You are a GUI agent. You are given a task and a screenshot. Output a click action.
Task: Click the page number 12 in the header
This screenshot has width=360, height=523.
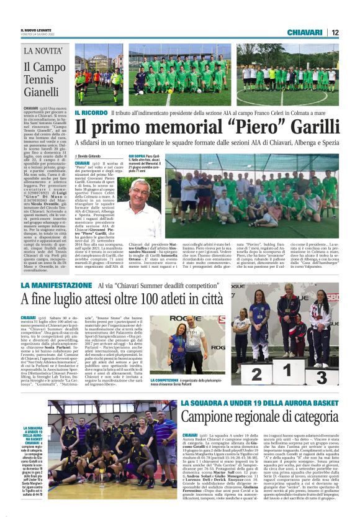click(x=335, y=32)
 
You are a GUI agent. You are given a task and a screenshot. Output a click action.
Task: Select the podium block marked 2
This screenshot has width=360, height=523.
click(x=256, y=374)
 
